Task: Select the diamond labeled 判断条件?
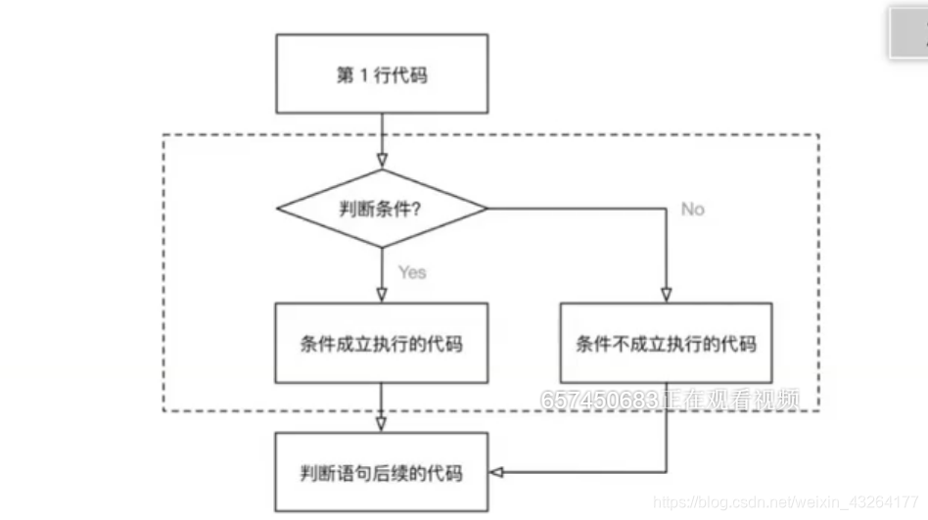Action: pos(381,209)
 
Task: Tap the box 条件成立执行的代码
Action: pos(381,343)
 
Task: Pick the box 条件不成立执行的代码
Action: pos(666,343)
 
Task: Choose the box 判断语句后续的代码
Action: pos(381,473)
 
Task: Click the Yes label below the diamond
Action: pos(411,271)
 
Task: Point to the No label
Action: pos(692,209)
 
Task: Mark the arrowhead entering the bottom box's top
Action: pos(381,424)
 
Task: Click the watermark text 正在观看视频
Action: pos(729,400)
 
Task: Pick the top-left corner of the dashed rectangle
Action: pos(162,135)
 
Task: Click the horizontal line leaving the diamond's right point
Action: pos(578,209)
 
